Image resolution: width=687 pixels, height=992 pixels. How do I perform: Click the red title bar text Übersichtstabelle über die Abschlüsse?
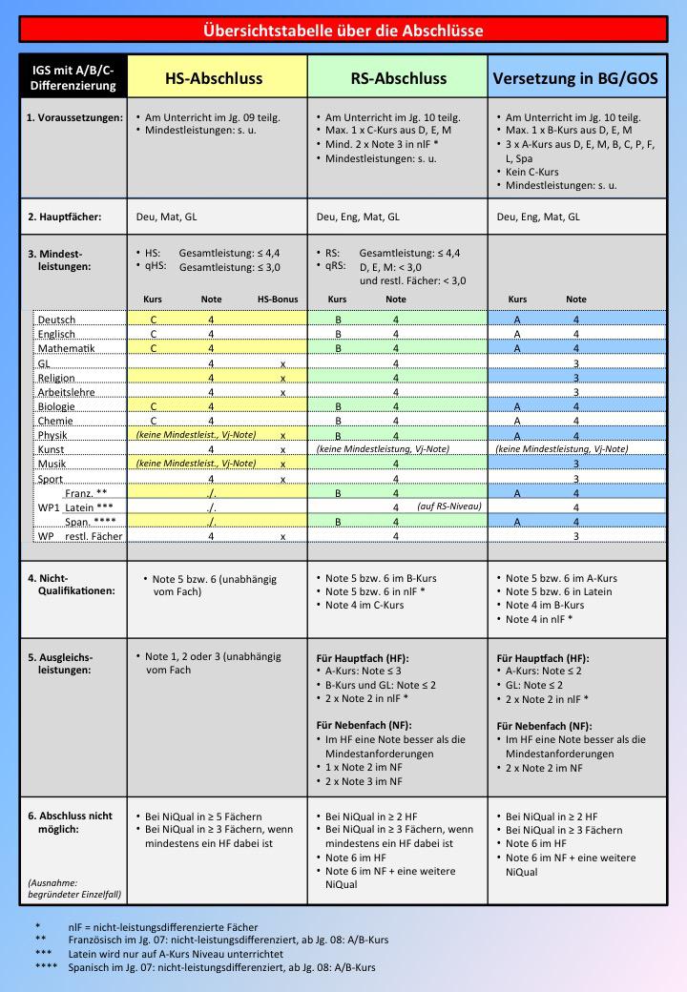tap(343, 31)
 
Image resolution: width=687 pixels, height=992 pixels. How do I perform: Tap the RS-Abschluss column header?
tap(398, 78)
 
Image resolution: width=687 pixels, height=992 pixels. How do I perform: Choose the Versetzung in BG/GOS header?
tap(578, 78)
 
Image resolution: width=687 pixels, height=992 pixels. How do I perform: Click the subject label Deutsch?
tap(56, 320)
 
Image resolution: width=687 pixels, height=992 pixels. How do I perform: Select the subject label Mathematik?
tap(66, 349)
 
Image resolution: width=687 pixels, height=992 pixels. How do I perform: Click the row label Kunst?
tap(52, 448)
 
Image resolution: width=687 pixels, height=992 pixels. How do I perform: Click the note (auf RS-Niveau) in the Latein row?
tap(449, 506)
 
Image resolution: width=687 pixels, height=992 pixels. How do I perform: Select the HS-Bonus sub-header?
tap(279, 300)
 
